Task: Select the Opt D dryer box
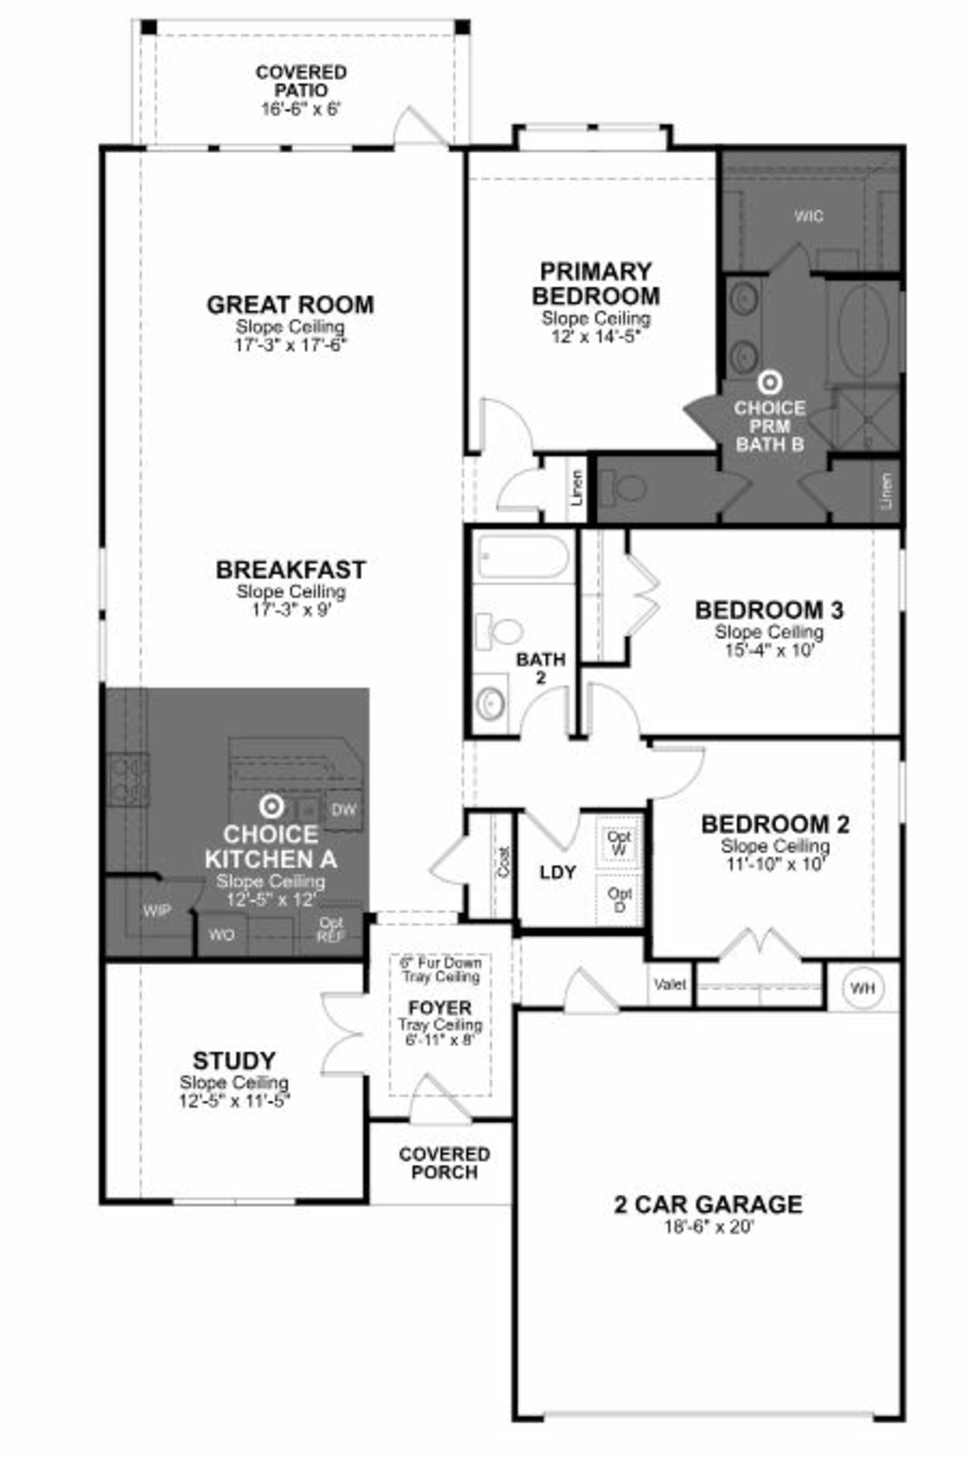(618, 899)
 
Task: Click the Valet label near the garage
(670, 985)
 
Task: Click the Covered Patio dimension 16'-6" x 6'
(302, 109)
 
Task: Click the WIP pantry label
(157, 910)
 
